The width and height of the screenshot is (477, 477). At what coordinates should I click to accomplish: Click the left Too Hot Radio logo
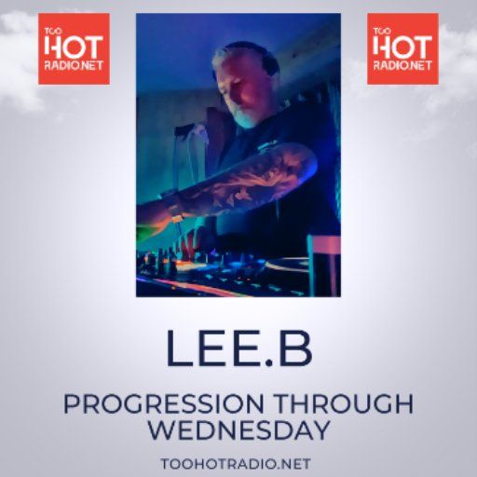[x=74, y=48]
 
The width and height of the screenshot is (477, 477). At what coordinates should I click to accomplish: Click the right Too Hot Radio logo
[x=402, y=48]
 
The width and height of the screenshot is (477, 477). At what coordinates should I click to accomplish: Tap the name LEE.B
[x=238, y=347]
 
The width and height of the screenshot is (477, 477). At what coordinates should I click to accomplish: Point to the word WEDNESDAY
[x=238, y=430]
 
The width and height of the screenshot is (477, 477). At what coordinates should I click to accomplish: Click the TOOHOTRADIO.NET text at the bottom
[x=238, y=463]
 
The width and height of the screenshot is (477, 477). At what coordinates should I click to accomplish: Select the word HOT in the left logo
[x=74, y=47]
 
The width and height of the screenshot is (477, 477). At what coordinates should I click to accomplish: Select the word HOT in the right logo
[x=402, y=47]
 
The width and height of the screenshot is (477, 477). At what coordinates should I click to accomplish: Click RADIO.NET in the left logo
[x=74, y=67]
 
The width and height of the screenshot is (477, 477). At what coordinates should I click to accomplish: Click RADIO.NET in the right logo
[x=402, y=67]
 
